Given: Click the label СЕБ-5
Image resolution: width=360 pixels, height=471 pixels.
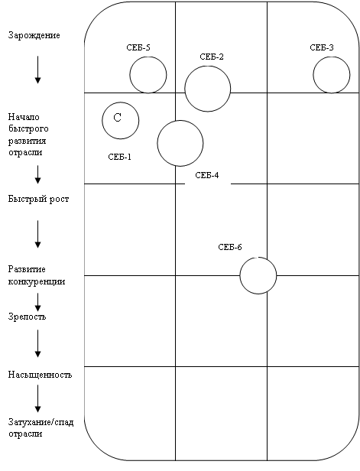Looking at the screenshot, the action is pyautogui.click(x=138, y=47).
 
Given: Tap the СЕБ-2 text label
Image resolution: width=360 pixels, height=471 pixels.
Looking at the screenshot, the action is pyautogui.click(x=212, y=57).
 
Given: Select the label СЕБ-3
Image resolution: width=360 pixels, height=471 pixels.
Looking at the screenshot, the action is pyautogui.click(x=322, y=47).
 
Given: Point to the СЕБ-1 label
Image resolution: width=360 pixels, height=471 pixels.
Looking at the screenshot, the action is pyautogui.click(x=119, y=157).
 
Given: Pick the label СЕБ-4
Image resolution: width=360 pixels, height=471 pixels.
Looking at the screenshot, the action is pyautogui.click(x=207, y=175).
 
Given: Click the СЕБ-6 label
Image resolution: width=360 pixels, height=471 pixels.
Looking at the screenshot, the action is pyautogui.click(x=230, y=247).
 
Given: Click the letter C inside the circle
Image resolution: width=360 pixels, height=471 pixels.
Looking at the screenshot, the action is pyautogui.click(x=118, y=118).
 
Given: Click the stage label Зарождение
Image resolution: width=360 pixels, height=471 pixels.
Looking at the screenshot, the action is pyautogui.click(x=34, y=35).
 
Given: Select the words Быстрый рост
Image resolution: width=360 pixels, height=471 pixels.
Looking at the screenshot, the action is pyautogui.click(x=38, y=199).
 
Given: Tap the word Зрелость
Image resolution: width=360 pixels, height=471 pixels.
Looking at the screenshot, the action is pyautogui.click(x=27, y=317).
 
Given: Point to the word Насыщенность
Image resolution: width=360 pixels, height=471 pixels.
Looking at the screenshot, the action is pyautogui.click(x=40, y=375).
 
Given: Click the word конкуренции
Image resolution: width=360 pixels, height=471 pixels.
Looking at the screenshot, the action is pyautogui.click(x=37, y=281).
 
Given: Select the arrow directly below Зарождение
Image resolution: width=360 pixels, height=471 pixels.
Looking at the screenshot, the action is pyautogui.click(x=37, y=70).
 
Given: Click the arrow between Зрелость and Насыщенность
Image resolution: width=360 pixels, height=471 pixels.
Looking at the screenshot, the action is pyautogui.click(x=37, y=343).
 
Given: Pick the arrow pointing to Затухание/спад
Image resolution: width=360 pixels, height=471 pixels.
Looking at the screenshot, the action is pyautogui.click(x=37, y=399).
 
